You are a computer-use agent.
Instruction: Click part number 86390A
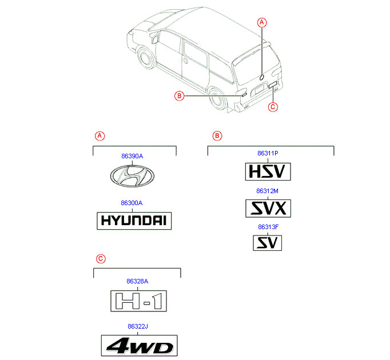132,156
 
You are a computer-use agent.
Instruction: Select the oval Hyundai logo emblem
132,176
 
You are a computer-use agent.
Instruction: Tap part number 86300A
132,203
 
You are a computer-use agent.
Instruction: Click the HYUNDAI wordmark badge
134,221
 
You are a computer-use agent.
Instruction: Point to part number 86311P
268,153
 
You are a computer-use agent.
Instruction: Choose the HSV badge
268,171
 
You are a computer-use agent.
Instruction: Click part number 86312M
268,191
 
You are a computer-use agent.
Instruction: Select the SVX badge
268,209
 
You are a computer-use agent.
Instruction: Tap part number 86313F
268,227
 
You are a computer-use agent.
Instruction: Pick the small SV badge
268,243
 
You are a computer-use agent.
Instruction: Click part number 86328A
137,281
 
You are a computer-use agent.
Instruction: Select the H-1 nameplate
138,301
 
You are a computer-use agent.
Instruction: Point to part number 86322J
138,326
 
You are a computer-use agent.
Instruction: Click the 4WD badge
140,346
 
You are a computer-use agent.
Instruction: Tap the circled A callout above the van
262,23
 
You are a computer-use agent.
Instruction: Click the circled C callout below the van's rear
273,107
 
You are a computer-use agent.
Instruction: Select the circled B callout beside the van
180,96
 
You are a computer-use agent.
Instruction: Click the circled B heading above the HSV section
217,136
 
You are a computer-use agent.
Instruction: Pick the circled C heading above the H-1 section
101,259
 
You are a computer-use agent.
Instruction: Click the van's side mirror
154,38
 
